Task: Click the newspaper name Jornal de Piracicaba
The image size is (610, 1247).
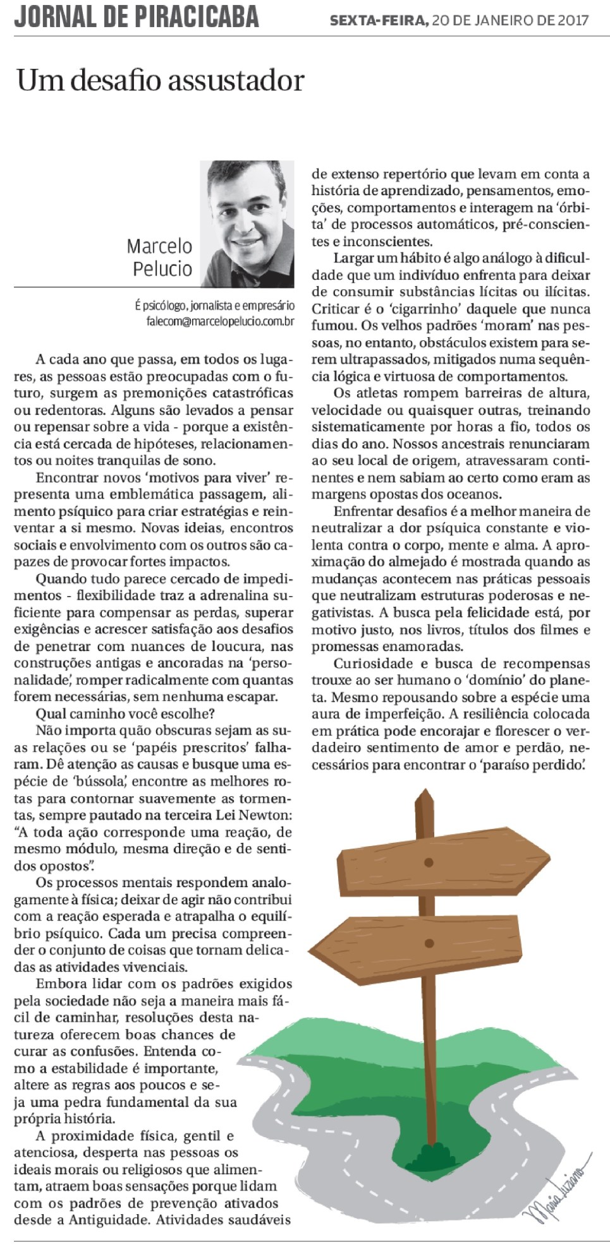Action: click(x=137, y=16)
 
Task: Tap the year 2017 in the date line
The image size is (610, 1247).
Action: click(x=572, y=21)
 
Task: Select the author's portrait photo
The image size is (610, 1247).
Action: click(x=247, y=224)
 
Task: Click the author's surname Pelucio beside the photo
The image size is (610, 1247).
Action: click(x=162, y=269)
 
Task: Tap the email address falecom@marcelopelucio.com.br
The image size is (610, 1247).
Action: click(x=220, y=321)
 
